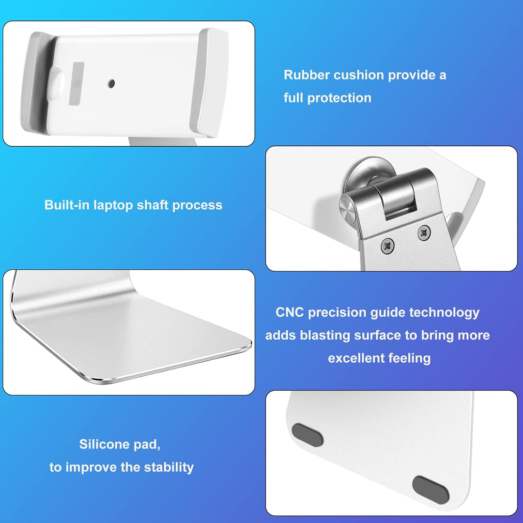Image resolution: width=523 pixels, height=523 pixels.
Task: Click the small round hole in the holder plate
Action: pos(112,83)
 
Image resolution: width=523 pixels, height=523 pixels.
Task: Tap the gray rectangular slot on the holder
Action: pos(76,83)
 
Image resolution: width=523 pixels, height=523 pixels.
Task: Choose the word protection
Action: pos(339,98)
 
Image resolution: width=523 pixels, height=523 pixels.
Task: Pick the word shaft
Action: pos(153,205)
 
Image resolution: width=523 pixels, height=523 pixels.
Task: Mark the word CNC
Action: pos(290,312)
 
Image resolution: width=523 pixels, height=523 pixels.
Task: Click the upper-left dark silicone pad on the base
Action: pos(308,435)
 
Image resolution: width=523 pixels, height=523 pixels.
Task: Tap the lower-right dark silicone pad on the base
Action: pos(430,489)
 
